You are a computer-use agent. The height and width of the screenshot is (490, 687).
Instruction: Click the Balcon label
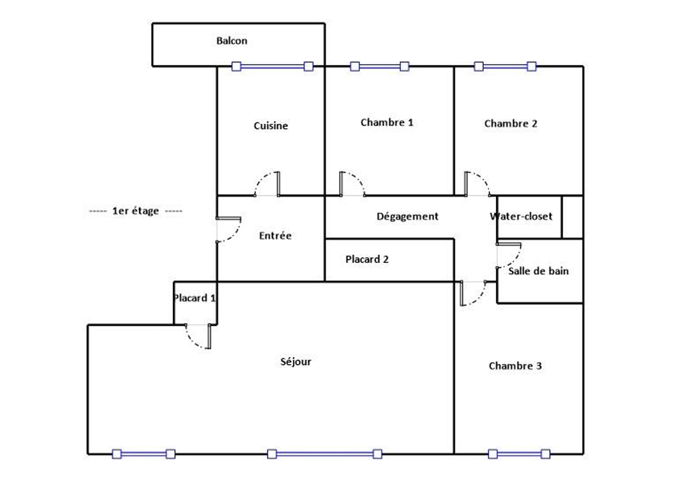[x=232, y=41]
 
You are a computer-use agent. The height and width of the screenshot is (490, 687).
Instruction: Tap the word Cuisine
[x=271, y=125]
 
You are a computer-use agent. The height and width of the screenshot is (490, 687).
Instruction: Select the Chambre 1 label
[x=387, y=122]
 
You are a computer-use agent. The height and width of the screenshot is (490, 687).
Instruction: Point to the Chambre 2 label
[x=510, y=124]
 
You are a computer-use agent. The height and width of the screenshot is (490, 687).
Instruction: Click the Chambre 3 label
[x=516, y=366]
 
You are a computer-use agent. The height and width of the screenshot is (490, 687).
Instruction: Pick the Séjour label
[x=296, y=362]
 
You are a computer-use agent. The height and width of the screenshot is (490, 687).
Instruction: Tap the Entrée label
[x=275, y=236]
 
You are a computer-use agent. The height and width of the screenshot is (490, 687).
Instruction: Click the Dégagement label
[x=407, y=216]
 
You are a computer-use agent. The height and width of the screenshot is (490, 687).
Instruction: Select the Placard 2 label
[x=367, y=259]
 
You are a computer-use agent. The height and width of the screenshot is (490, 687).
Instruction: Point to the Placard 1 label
[x=194, y=298]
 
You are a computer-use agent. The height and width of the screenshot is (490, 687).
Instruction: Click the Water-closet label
[x=521, y=216]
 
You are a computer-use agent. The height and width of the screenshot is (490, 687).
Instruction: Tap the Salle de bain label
[x=538, y=271]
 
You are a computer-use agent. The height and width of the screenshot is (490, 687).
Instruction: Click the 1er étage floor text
[x=136, y=211]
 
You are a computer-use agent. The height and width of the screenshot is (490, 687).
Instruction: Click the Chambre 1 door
[x=353, y=184]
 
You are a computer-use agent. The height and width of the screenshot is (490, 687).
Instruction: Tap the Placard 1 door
[x=198, y=336]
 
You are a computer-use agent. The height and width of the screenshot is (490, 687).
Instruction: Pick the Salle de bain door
[x=509, y=256]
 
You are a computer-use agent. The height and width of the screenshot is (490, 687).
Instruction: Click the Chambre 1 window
[x=380, y=66]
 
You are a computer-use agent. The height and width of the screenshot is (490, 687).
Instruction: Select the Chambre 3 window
[x=519, y=454]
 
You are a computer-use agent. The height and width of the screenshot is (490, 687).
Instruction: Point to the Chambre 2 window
[x=505, y=66]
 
